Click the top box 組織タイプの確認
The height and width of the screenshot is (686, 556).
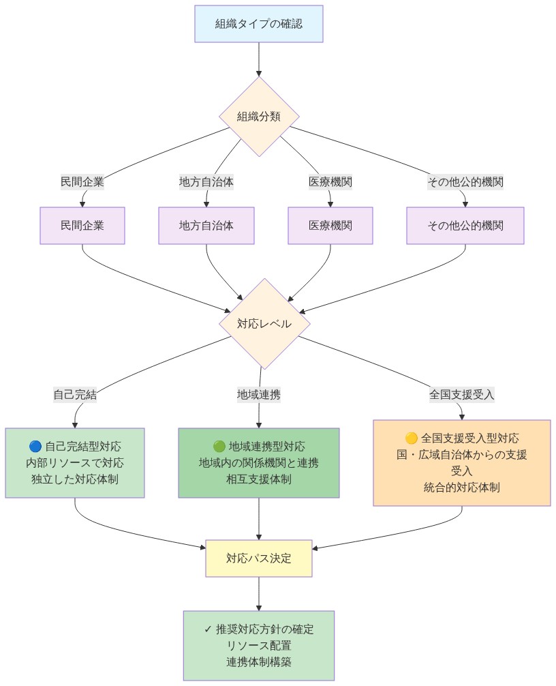click(258, 24)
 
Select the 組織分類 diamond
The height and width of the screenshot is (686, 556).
click(259, 117)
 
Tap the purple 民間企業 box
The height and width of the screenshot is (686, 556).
click(82, 225)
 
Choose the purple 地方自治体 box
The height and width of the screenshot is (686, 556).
click(206, 225)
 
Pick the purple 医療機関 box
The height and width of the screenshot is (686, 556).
click(330, 225)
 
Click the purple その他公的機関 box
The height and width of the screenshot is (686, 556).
click(465, 225)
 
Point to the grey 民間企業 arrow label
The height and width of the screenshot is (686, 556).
click(82, 182)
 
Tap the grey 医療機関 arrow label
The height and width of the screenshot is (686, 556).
click(330, 182)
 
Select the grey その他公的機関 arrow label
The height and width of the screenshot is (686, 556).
click(465, 182)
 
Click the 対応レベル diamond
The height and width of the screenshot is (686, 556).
click(264, 324)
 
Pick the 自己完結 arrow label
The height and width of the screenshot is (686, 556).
click(75, 394)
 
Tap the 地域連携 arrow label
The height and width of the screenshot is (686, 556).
click(259, 394)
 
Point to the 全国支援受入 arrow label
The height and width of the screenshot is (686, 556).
click(462, 394)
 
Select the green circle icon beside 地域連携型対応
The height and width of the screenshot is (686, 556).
click(219, 447)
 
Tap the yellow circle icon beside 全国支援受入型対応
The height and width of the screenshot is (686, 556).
click(411, 438)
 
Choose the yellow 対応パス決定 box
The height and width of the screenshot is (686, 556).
click(259, 558)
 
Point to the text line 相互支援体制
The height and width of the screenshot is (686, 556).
click(259, 479)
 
